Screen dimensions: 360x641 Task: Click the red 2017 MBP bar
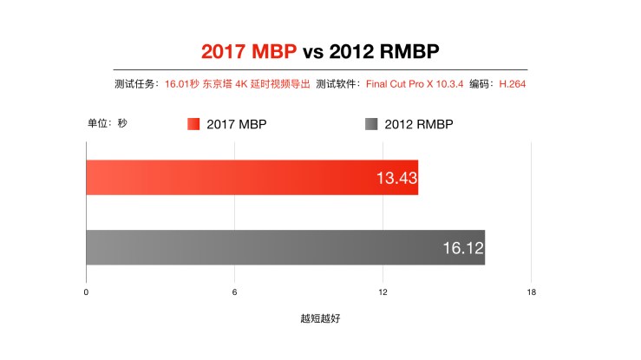point(252,177)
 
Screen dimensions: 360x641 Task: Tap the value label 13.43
point(395,178)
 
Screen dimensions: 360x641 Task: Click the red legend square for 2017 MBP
point(193,124)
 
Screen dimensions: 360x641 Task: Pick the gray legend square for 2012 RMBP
point(371,124)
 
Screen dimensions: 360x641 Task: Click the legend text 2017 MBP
point(236,124)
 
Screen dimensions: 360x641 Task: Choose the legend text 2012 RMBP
point(418,124)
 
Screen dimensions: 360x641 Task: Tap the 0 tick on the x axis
point(86,292)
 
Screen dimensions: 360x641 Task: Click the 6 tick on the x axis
point(234,292)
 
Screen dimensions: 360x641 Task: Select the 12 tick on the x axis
point(383,292)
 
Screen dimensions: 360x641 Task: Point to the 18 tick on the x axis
point(531,292)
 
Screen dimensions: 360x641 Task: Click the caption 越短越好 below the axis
point(320,318)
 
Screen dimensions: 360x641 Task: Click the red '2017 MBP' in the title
point(249,51)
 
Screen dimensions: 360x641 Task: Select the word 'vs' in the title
point(313,51)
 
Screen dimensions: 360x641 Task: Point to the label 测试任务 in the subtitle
point(135,84)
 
